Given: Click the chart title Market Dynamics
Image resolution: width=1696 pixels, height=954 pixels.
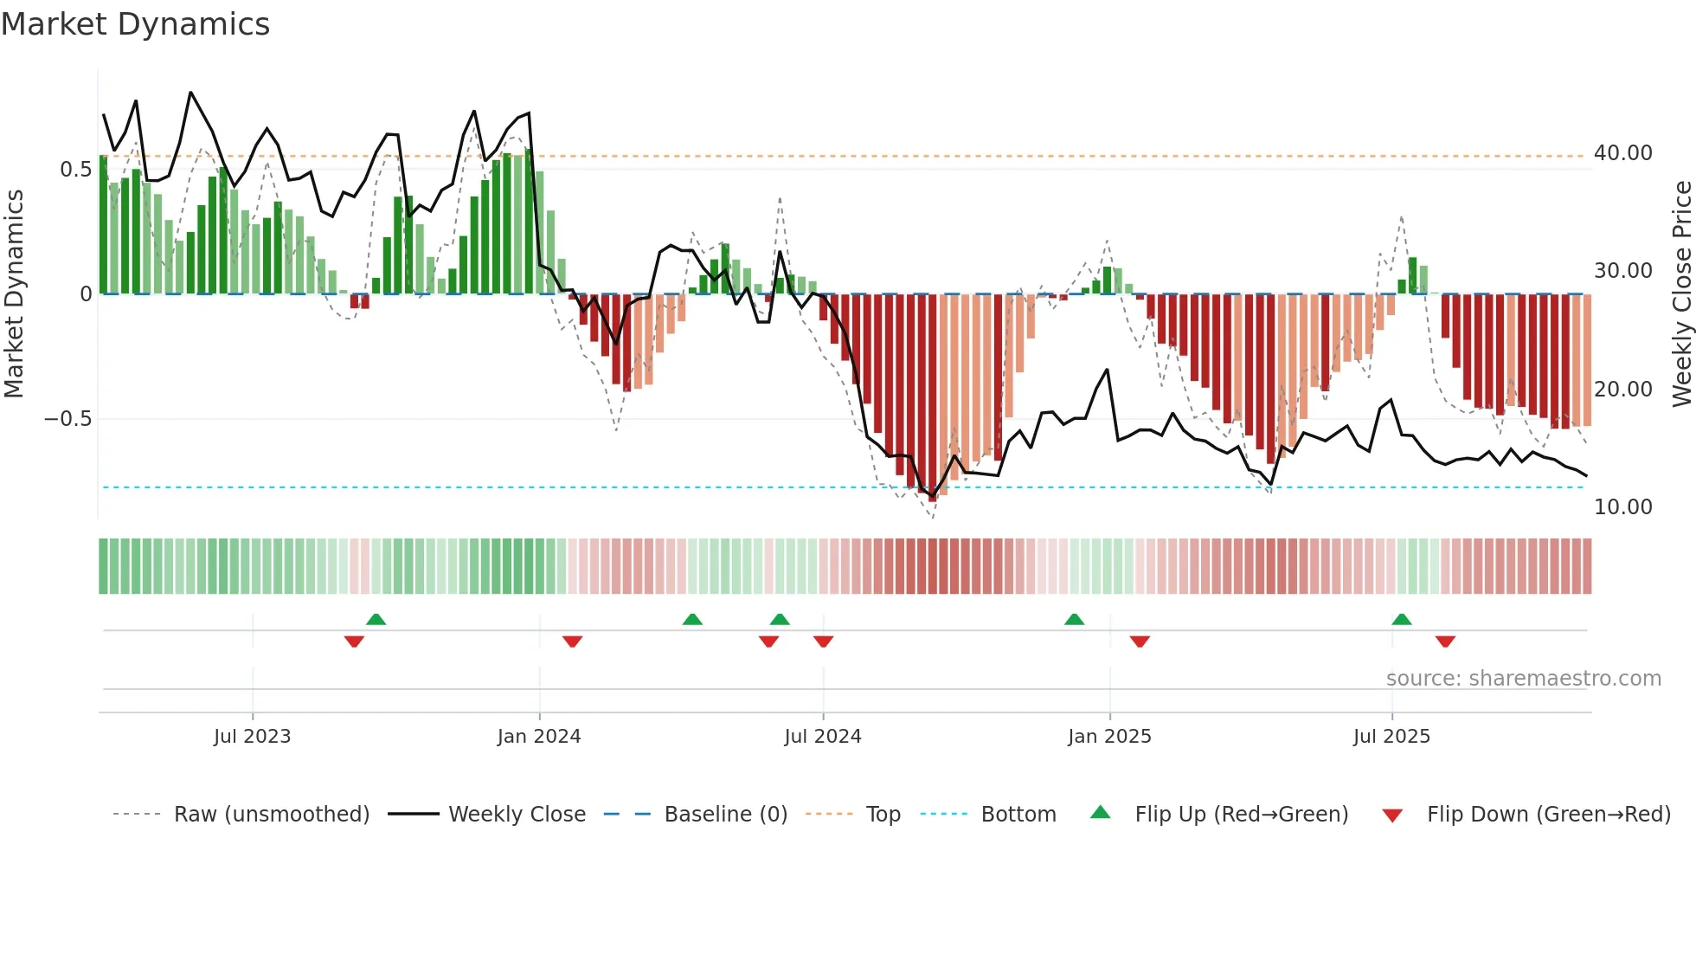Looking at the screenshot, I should point(136,24).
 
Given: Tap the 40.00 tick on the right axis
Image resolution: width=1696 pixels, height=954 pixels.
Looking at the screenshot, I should point(1622,153).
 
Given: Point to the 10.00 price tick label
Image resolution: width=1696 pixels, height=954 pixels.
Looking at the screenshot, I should point(1622,507).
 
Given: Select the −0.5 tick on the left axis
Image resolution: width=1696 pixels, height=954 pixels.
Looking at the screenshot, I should point(67,419).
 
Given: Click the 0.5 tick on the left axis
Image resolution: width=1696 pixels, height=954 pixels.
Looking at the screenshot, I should point(75,170).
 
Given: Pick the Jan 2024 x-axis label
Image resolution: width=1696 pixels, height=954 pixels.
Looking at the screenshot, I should point(538,737).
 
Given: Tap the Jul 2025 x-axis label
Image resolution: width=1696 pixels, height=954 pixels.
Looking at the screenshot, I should point(1391,737).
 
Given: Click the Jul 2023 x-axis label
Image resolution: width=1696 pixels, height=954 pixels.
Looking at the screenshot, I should point(252,737).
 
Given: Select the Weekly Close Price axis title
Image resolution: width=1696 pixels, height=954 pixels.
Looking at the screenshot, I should point(1681,293).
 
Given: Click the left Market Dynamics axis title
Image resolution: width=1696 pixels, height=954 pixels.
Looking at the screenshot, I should point(14,293).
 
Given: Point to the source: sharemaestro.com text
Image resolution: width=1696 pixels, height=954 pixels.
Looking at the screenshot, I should point(1523,679).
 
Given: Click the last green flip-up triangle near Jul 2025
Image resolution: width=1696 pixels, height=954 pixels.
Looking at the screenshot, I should point(1402,620).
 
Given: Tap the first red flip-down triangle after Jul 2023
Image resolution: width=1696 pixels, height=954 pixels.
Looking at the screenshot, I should point(354,641).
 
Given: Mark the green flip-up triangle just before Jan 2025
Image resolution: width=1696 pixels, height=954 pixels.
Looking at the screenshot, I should point(1074,620).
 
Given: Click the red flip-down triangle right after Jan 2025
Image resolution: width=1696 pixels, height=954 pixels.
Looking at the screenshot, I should point(1140,641).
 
